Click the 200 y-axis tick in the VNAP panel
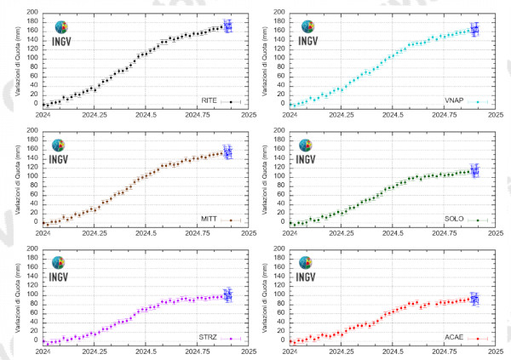pyautogui.click(x=280, y=13)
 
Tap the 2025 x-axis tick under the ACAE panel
pyautogui.click(x=496, y=350)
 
